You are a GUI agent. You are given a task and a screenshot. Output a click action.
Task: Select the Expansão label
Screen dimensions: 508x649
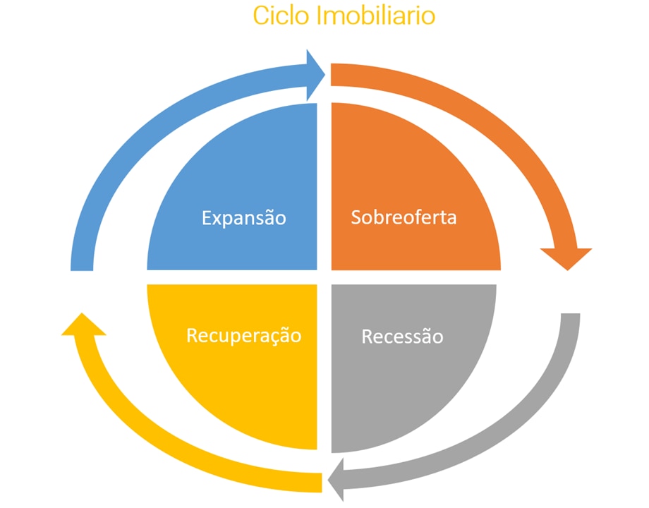244,217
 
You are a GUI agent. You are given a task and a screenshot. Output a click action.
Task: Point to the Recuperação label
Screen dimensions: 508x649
243,335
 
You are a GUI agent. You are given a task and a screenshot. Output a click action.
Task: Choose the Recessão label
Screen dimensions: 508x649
402,337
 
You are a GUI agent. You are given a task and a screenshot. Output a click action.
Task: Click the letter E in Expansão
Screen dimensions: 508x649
207,217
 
